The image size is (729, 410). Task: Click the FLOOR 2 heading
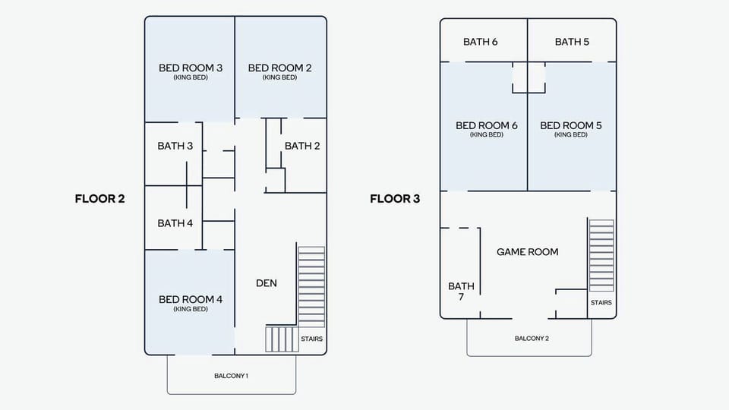100,199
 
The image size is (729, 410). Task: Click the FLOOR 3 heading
395,199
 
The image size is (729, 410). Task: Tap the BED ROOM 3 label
191,68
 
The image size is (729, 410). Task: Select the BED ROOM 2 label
280,68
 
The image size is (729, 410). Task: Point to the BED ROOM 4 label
191,299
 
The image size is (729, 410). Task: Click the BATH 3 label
175,146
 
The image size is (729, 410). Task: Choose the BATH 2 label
302,146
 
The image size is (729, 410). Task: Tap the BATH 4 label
175,223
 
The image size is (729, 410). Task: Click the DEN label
267,283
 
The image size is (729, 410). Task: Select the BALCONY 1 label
231,376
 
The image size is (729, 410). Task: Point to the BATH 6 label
480,42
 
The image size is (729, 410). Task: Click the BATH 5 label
572,42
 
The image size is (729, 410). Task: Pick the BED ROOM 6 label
487,125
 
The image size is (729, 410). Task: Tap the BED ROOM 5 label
571,125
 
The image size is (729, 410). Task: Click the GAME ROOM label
527,252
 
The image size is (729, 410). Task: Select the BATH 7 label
461,292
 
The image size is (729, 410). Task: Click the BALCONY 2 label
532,339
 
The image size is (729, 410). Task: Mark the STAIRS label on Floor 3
601,303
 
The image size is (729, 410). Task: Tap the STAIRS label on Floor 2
311,339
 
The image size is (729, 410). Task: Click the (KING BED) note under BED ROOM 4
191,309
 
